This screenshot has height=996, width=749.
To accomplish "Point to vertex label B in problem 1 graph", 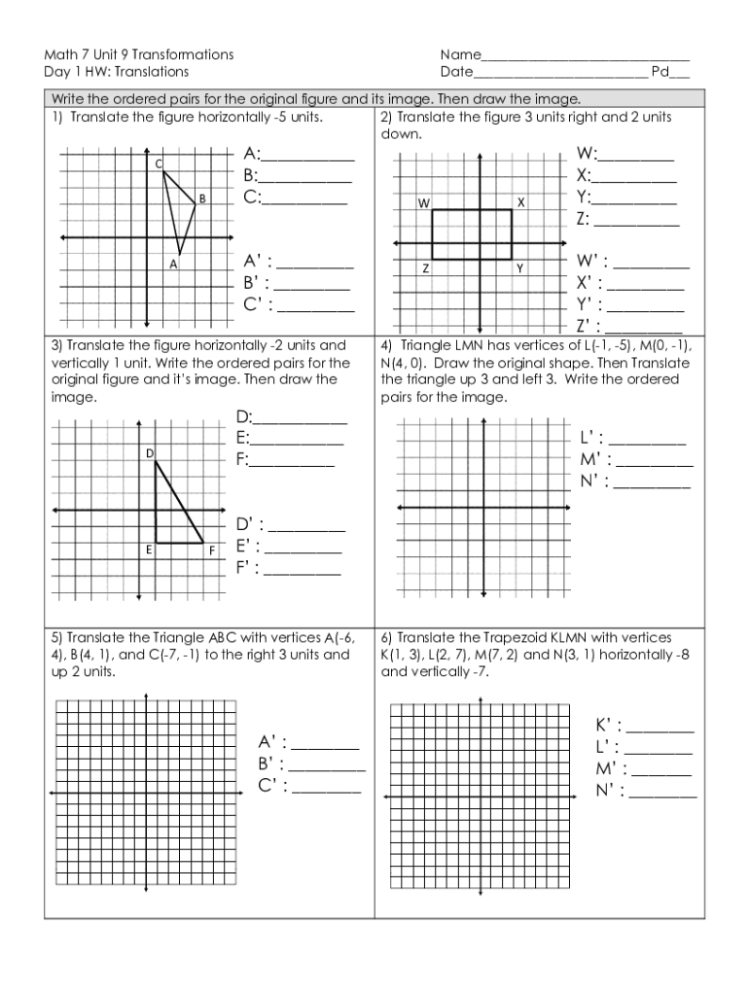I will coord(202,198).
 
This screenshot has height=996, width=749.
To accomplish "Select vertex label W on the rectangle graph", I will coord(423,203).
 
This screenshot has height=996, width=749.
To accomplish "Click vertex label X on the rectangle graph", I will coord(520,203).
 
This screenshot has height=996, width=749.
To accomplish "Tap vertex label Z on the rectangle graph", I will coord(426,268).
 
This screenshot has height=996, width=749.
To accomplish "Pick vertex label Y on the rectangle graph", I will coord(519,268).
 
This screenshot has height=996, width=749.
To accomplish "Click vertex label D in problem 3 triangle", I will coord(150,453).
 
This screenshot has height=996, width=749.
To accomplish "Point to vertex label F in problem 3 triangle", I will coord(210,551).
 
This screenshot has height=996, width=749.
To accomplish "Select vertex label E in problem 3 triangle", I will coord(149,551).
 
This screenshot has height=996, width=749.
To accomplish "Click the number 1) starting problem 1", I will coord(57,117).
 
